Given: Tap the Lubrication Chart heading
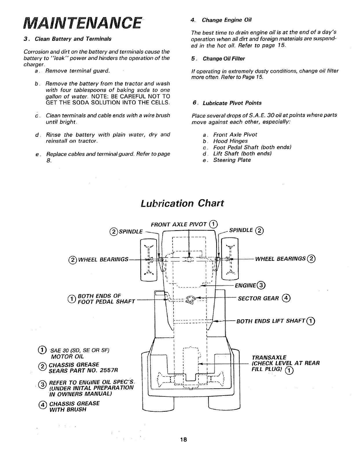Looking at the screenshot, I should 182,203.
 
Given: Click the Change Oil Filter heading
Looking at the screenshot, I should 224,59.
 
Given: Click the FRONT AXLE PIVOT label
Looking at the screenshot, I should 179,225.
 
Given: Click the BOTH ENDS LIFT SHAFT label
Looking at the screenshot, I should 271,321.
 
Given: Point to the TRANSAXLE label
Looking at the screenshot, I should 269,357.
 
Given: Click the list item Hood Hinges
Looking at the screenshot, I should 230,141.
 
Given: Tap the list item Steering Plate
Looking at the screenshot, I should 232,160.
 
